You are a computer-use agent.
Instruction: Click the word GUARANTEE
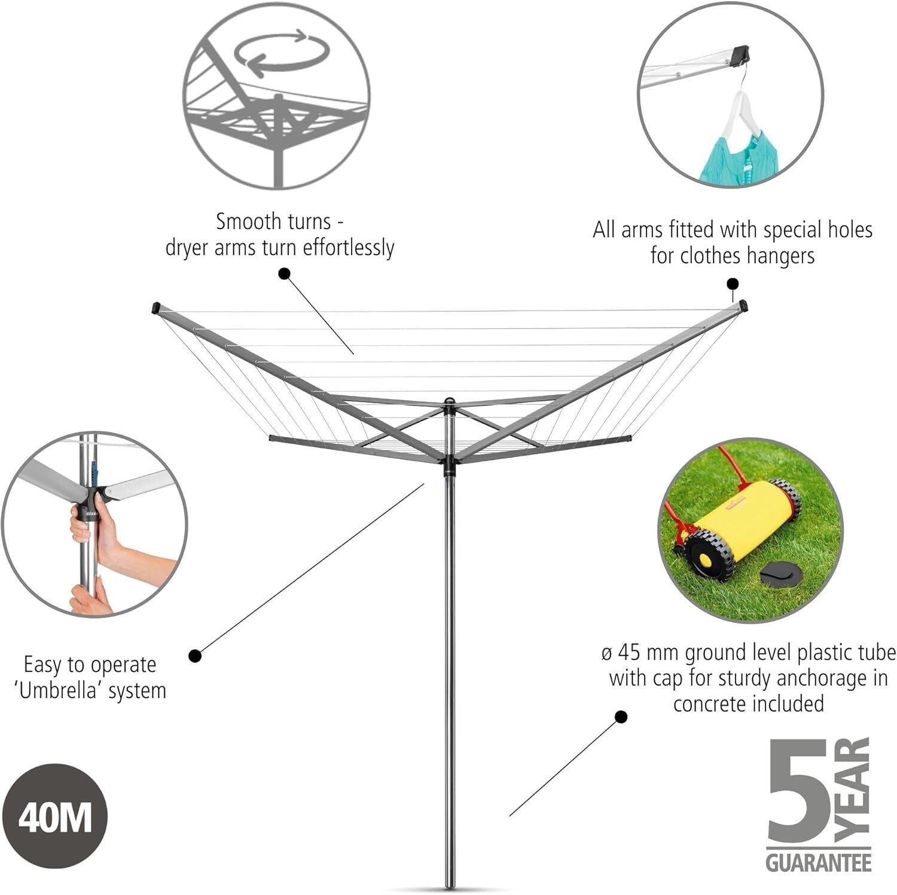[x=818, y=862]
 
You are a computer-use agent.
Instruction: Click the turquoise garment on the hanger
[x=730, y=159]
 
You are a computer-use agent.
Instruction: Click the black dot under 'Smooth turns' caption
[x=285, y=274]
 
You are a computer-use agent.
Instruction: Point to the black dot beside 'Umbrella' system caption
[x=195, y=656]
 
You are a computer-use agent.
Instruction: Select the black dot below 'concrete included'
[x=621, y=717]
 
